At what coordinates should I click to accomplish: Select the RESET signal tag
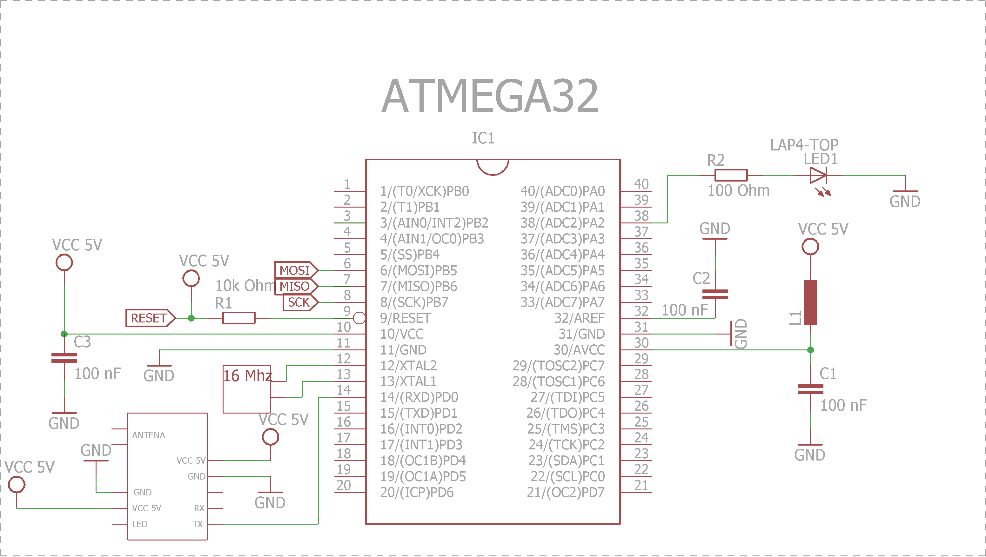(150, 318)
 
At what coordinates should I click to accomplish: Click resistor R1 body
(239, 318)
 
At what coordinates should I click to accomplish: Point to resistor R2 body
(731, 175)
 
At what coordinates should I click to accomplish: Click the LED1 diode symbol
(818, 176)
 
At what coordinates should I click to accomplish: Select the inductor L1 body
(810, 302)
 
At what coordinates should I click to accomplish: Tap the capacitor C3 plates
(64, 358)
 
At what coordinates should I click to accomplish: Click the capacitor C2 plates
(715, 294)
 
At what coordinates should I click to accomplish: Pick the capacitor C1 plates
(810, 389)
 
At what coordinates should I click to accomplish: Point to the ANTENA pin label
(149, 435)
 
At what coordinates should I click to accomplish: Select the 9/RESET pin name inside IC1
(405, 318)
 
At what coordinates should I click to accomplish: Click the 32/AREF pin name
(580, 318)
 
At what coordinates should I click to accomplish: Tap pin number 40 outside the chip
(641, 184)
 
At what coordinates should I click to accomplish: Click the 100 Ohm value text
(738, 190)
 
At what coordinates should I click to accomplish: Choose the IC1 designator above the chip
(483, 138)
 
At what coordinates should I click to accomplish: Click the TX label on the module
(198, 524)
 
